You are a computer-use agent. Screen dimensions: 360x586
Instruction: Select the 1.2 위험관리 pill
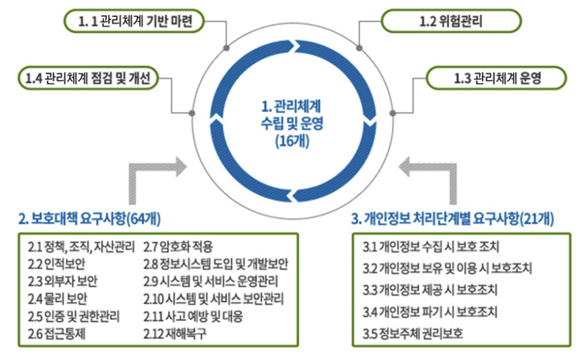coord(451,21)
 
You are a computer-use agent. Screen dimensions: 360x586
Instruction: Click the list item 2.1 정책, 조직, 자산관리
coord(81,247)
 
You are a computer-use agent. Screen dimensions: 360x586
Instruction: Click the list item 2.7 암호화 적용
coord(178,247)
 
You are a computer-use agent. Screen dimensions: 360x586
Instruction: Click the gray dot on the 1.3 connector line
coord(393,113)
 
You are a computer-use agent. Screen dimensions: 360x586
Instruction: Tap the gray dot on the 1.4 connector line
coord(191,113)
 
